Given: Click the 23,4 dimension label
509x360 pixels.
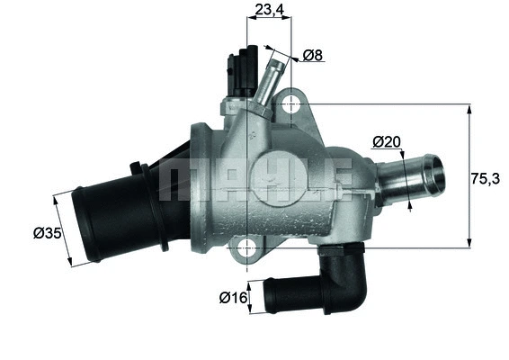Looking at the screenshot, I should click(270, 11).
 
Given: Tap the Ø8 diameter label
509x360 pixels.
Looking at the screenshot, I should click(312, 56).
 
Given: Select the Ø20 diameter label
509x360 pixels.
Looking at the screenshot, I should click(386, 142).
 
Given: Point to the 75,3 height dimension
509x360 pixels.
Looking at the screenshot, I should click(488, 178).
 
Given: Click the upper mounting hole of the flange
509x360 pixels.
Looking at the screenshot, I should click(290, 105).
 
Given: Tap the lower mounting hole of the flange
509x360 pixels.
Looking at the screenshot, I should click(249, 249).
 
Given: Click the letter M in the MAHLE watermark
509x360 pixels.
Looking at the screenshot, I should click(179, 179).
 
